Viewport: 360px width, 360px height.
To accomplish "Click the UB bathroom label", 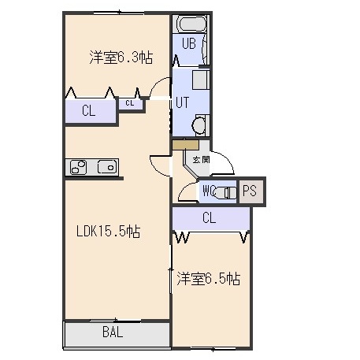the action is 189,43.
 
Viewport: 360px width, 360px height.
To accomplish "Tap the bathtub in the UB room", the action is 191,24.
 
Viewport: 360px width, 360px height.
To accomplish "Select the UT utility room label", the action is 182,102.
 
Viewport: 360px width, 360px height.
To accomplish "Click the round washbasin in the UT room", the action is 199,125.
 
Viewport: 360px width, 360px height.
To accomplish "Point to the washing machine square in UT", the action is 201,80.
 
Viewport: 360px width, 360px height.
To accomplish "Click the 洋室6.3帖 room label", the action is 121,57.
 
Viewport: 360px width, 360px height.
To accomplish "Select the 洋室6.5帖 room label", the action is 208,279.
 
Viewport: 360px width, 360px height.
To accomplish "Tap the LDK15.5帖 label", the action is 108,232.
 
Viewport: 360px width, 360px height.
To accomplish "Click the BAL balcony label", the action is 113,332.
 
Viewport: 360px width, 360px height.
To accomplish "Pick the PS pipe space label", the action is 249,191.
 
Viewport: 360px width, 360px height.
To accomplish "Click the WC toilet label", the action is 209,191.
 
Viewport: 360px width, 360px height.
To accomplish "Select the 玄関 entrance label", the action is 201,159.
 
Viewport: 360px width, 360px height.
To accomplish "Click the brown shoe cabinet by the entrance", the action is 185,145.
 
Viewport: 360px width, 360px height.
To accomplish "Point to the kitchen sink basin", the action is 107,167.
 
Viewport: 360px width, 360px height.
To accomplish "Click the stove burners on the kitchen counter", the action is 79,167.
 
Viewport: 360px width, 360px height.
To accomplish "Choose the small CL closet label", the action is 130,103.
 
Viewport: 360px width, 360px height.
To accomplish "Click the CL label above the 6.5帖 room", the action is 209,217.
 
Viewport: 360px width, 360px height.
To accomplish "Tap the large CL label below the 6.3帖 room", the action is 88,110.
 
